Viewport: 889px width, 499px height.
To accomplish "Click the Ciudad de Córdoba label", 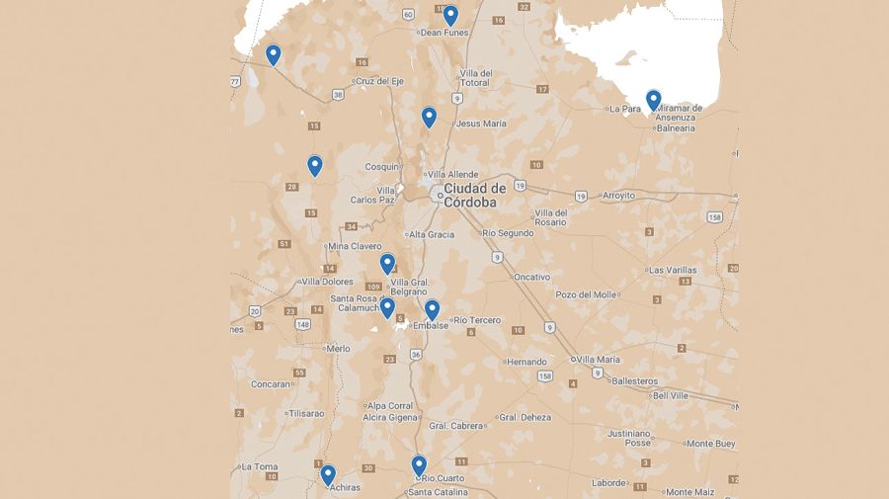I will pyautogui.click(x=474, y=194).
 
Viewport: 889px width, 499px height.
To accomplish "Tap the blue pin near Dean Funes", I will pyautogui.click(x=450, y=15).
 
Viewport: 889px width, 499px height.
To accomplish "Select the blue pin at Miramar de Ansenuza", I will pyautogui.click(x=653, y=100).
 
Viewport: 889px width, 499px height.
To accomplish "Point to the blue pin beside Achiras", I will pyautogui.click(x=328, y=475).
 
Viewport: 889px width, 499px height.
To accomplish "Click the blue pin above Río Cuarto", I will pyautogui.click(x=419, y=464).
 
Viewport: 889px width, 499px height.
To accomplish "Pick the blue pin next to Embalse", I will pyautogui.click(x=432, y=310).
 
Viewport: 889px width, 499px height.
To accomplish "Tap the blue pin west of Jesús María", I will pyautogui.click(x=429, y=117).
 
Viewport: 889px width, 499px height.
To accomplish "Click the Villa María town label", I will pyautogui.click(x=599, y=359).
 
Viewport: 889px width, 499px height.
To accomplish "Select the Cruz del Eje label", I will pyautogui.click(x=379, y=81).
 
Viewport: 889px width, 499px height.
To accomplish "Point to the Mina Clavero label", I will pyautogui.click(x=355, y=246).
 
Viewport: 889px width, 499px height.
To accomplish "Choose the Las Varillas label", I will pyautogui.click(x=673, y=270).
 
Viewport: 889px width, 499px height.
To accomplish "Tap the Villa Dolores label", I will pyautogui.click(x=327, y=282).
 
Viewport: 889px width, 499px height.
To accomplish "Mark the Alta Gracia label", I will pyautogui.click(x=432, y=234).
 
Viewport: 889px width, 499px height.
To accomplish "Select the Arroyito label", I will pyautogui.click(x=618, y=196).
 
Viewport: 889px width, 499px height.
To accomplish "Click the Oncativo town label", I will pyautogui.click(x=531, y=277).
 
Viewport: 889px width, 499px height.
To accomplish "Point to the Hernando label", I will pyautogui.click(x=526, y=362).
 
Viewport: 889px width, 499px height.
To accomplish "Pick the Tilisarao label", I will pyautogui.click(x=305, y=413).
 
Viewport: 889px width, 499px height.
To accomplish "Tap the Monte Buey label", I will pyautogui.click(x=711, y=444).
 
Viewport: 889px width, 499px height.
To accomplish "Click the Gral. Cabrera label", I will pyautogui.click(x=457, y=426).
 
